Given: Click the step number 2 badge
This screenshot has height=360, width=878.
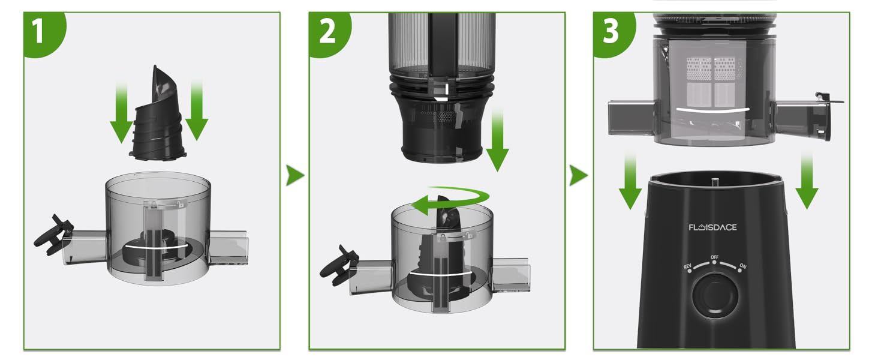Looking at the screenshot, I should pos(327,31).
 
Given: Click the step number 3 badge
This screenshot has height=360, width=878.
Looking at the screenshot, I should pos(610,31).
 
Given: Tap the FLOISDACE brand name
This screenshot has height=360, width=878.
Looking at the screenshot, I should pos(712,227).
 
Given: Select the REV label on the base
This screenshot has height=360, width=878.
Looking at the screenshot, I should pos(687,266).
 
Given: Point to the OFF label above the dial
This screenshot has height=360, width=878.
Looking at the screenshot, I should pos(714,257).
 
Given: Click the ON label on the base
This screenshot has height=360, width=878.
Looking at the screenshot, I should pos(742,266).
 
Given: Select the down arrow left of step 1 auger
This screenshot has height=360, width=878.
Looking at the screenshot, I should pos(121,114).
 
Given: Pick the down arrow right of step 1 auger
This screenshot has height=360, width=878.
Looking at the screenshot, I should pos(196,111).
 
